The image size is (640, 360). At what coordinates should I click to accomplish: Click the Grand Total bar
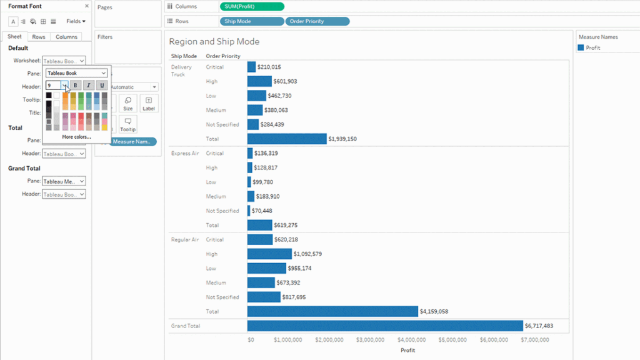[x=384, y=326]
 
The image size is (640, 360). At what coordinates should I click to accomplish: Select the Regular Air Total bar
[x=332, y=311]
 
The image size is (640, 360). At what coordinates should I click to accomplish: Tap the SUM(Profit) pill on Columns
[x=252, y=7]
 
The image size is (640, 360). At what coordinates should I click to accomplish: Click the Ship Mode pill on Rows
[x=252, y=21]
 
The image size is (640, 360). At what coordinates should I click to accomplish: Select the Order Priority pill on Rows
[x=317, y=21]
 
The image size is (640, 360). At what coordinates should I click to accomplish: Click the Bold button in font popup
[x=75, y=85]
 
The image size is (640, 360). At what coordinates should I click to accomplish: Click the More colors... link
[x=76, y=136]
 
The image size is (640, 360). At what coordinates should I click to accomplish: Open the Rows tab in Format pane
[x=39, y=37]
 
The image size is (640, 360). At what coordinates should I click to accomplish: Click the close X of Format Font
[x=86, y=6]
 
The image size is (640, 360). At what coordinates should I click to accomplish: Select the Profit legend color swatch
[x=581, y=47]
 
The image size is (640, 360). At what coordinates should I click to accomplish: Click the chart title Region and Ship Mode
[x=214, y=42]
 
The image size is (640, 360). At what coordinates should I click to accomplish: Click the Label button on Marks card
[x=148, y=104]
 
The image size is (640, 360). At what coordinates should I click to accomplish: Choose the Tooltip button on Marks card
[x=127, y=124]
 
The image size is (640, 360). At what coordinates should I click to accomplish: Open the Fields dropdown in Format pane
[x=76, y=21]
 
